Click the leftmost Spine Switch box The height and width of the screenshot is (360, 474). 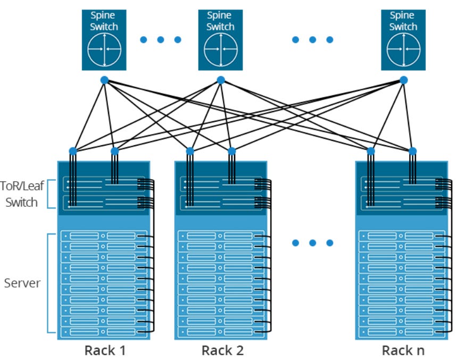(104, 39)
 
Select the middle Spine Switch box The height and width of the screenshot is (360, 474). (220, 39)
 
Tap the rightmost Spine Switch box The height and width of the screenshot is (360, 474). (403, 39)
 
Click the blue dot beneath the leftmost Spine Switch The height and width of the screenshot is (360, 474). (104, 80)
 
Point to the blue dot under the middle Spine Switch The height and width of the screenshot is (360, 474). (221, 80)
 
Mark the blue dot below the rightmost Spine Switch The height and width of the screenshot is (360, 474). (403, 80)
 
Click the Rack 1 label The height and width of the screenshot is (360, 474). (105, 350)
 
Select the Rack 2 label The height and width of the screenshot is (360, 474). (222, 350)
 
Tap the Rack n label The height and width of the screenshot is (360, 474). (403, 350)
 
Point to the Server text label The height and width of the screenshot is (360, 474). (22, 283)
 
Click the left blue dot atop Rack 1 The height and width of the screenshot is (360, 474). (73, 151)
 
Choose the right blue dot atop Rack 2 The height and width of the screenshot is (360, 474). (231, 151)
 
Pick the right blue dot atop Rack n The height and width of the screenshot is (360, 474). (412, 151)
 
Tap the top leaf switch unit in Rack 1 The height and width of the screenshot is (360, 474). (104, 185)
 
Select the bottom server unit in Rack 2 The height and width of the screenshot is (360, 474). (220, 332)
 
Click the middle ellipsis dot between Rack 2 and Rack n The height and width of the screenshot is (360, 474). (312, 243)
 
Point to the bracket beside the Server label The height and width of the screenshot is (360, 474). (49, 283)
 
